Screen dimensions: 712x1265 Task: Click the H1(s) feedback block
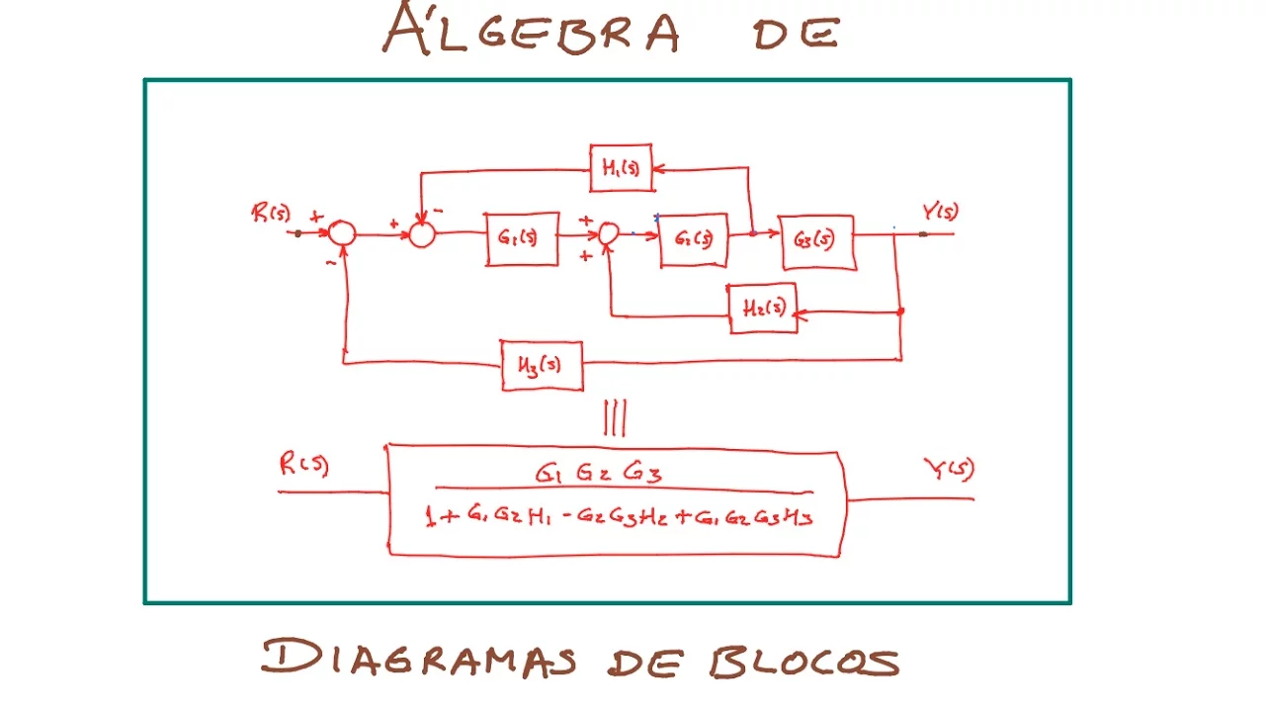[x=621, y=169]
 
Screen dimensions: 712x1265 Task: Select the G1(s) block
[x=522, y=238]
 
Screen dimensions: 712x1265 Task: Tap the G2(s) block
[x=694, y=239]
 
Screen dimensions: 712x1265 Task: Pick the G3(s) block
[x=817, y=241]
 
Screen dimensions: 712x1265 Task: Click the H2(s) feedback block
[x=763, y=308]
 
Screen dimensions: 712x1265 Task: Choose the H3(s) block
[x=542, y=365]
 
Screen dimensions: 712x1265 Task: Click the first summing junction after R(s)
[x=342, y=233]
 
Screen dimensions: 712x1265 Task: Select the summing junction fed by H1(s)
[x=422, y=234]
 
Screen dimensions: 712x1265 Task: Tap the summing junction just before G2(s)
[x=609, y=233]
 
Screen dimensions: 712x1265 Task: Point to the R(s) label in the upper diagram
[x=271, y=214]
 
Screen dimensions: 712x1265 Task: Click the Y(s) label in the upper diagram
[x=940, y=212]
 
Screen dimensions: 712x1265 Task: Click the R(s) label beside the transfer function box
[x=303, y=466]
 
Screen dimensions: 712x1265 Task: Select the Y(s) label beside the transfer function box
[x=948, y=469]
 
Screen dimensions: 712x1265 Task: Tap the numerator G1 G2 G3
[x=599, y=474]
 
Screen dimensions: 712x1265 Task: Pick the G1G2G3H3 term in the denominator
[x=757, y=515]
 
